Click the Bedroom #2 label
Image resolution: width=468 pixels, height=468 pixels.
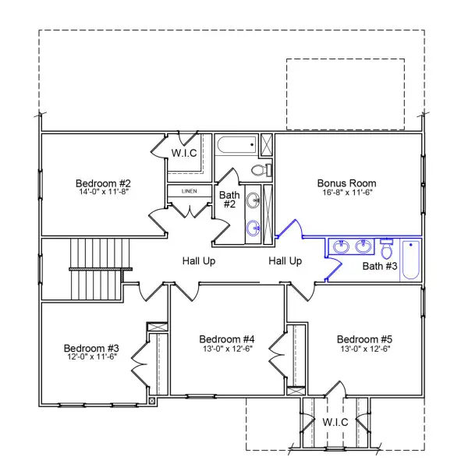pos(102,184)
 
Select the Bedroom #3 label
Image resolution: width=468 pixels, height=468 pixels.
pos(91,348)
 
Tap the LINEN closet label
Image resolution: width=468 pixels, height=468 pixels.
pos(189,191)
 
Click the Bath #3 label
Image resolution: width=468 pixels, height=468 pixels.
pos(381,267)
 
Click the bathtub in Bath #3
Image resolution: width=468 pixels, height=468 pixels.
pos(410,260)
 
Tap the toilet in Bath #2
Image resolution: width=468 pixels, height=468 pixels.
pos(261,170)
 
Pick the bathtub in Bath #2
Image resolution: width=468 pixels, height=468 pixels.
pos(237,144)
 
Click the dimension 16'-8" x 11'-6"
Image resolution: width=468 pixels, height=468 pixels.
pos(347,192)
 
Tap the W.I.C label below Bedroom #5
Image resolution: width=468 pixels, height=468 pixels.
pos(337,422)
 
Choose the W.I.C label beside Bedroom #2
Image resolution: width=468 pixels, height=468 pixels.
pos(184,152)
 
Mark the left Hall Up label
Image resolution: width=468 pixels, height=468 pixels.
pos(199,261)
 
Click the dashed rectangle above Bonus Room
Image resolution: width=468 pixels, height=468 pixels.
pos(346,94)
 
